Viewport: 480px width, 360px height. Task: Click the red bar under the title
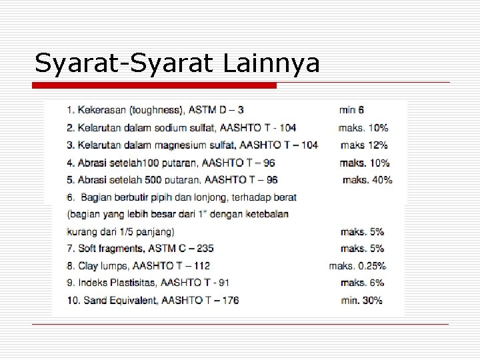click(x=155, y=86)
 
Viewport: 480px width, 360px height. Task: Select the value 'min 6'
click(x=352, y=109)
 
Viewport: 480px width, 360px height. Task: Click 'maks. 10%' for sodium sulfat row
click(x=364, y=127)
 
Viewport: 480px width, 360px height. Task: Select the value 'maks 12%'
click(x=364, y=145)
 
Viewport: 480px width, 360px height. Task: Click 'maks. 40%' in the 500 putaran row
click(x=367, y=180)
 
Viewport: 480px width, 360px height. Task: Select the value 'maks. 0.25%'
click(x=357, y=266)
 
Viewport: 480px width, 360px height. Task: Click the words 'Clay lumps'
click(x=101, y=266)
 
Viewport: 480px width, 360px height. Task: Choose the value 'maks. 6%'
click(x=362, y=283)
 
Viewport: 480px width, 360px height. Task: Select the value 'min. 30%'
click(x=361, y=301)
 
